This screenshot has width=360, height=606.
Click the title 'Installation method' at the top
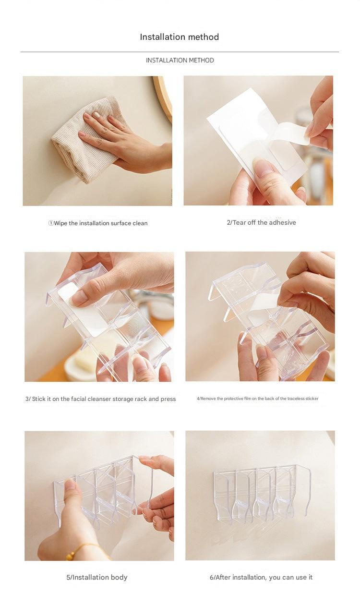coord(180,37)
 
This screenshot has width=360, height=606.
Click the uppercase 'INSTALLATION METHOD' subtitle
coord(180,60)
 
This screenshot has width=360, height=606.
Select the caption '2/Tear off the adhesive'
coord(261,222)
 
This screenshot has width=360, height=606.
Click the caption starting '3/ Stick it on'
coord(100,399)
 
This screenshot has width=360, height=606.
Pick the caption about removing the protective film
coord(257,399)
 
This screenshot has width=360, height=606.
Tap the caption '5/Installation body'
coord(96,577)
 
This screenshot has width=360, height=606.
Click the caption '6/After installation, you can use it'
coord(261,577)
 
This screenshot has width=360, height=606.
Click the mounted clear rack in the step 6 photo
coord(259,492)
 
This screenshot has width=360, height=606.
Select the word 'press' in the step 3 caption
coord(168,399)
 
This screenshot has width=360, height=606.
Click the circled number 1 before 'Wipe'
coord(51,223)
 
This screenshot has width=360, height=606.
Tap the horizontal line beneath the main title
coord(180,51)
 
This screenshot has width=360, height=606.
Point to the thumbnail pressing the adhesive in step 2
coord(264,168)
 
